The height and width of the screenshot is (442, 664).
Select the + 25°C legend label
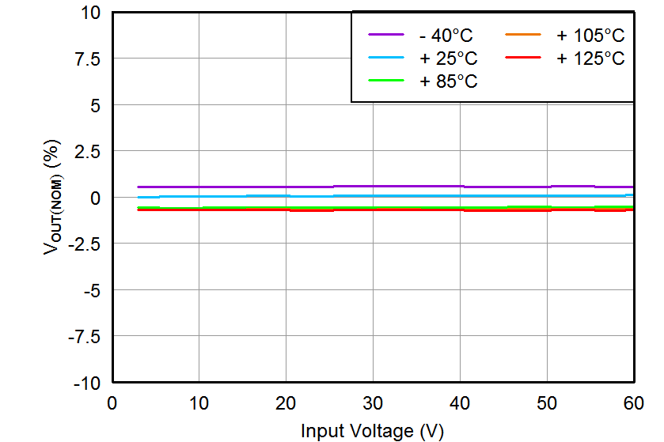[449, 59]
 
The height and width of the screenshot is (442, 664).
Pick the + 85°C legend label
[449, 81]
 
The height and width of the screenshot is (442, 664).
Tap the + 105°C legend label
[590, 36]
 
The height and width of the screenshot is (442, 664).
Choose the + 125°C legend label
[590, 59]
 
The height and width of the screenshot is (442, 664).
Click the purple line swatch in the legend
[386, 35]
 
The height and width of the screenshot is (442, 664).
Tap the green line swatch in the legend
[386, 81]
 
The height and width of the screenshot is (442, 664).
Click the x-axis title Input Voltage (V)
[372, 431]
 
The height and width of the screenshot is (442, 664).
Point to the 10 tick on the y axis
[90, 13]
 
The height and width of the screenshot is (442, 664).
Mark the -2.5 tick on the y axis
[83, 244]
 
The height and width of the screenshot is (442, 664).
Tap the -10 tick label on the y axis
[87, 383]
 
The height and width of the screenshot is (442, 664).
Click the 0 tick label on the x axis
[112, 403]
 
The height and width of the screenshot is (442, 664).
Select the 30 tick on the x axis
[373, 403]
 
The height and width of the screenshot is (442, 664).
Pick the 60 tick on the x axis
[633, 403]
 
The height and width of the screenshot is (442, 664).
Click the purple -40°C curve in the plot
[237, 187]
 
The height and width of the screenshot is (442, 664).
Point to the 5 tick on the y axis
[94, 105]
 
